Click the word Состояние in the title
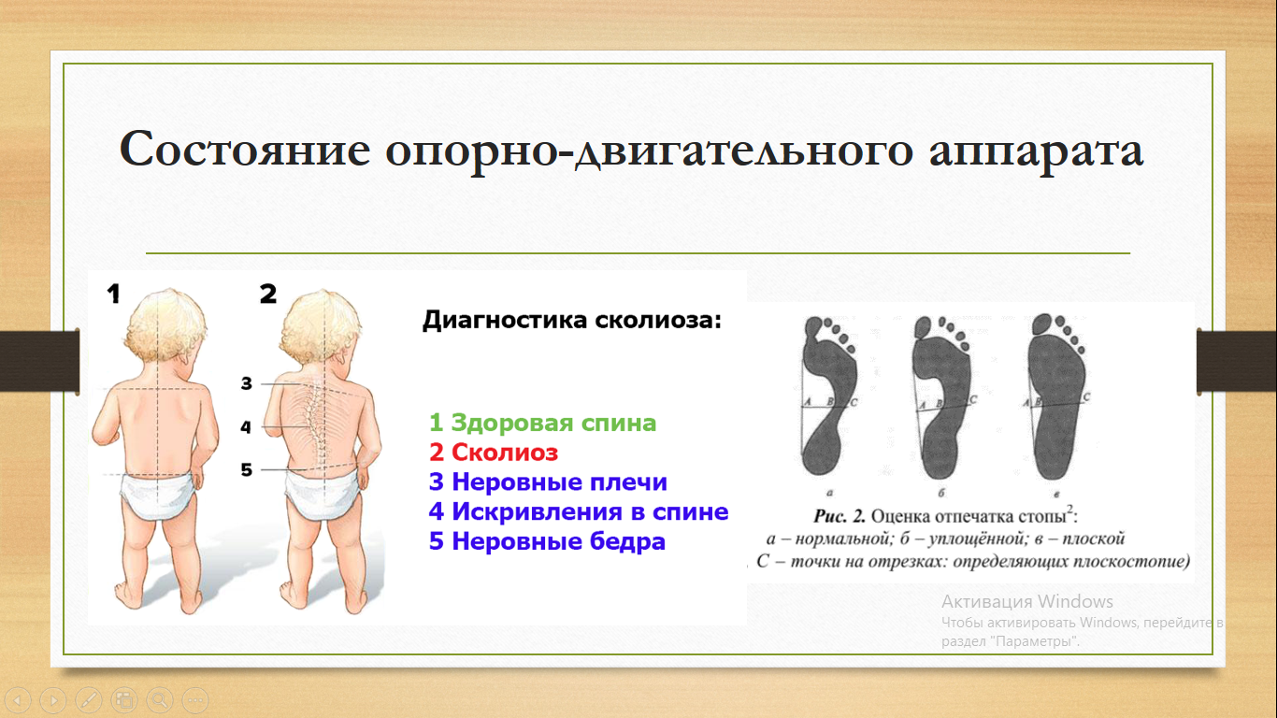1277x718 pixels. [x=245, y=150]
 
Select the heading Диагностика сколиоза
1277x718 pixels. [x=572, y=320]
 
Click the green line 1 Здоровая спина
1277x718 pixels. [x=542, y=423]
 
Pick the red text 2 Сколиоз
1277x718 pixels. [x=493, y=452]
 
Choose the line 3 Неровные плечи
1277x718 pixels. [x=548, y=481]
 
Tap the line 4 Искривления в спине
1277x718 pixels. [x=578, y=511]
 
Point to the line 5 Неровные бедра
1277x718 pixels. [x=547, y=541]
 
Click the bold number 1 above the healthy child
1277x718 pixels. [x=114, y=294]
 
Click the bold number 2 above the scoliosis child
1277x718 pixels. [x=268, y=294]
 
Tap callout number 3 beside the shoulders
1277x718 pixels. [x=246, y=383]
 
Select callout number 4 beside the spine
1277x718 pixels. [x=246, y=426]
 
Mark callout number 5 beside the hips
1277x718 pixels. [x=246, y=470]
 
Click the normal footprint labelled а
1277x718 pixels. [x=827, y=397]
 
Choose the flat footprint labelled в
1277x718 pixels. [x=1057, y=397]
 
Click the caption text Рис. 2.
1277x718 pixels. [x=839, y=516]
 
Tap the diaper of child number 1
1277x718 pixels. [x=158, y=496]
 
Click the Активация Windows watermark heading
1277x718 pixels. [x=1026, y=601]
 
